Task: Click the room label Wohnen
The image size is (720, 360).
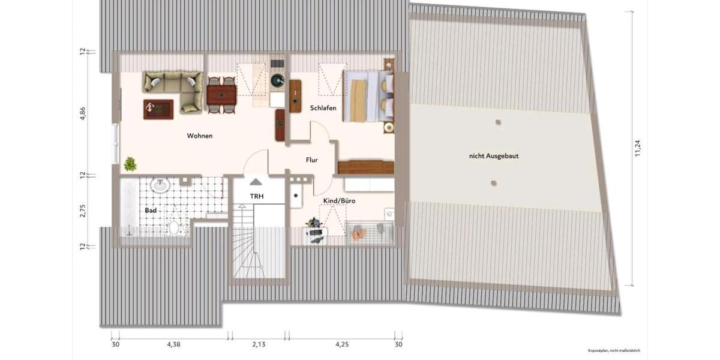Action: [x=200, y=136]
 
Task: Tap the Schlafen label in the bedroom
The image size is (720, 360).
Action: [x=323, y=108]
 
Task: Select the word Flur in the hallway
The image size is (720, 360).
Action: [x=311, y=160]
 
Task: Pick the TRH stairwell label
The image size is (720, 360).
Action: [x=257, y=196]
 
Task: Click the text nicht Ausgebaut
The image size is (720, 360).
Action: [x=494, y=155]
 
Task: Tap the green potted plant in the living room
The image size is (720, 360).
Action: [x=130, y=164]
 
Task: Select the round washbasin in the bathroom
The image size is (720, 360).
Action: [x=161, y=185]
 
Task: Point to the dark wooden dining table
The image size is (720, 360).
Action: [x=221, y=94]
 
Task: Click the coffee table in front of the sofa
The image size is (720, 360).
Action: [x=158, y=109]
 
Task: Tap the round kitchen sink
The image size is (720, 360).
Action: [x=277, y=80]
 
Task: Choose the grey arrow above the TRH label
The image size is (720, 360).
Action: [x=256, y=182]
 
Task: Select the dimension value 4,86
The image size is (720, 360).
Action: [x=83, y=114]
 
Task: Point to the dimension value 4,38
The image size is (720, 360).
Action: [x=173, y=344]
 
